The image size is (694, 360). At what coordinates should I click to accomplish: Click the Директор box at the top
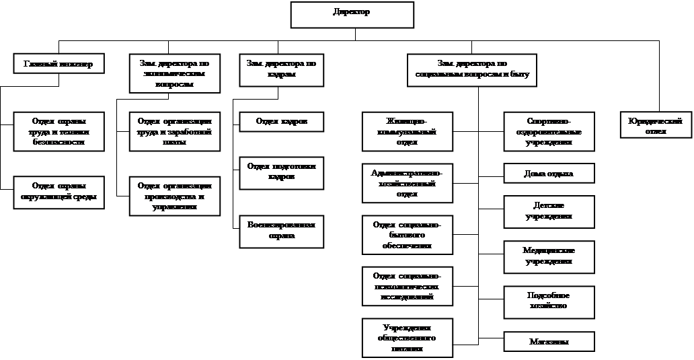[351, 15]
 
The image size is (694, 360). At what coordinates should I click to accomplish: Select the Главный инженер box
[59, 64]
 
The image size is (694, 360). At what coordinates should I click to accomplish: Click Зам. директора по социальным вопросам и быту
[471, 69]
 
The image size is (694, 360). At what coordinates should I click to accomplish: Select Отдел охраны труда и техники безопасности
[59, 132]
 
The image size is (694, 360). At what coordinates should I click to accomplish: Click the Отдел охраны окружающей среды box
[59, 192]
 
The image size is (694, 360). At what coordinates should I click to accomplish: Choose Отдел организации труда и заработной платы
[174, 132]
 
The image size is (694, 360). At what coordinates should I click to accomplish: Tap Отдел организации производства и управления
[174, 196]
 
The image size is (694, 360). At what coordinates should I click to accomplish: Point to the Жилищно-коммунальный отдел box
[407, 132]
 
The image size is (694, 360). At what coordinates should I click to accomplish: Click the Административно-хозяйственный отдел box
[407, 183]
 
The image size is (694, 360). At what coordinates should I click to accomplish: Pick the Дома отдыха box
[549, 174]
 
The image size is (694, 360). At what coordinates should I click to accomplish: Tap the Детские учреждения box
[549, 211]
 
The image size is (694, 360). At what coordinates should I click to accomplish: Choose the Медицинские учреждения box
[549, 256]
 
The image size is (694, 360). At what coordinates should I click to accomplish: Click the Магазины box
[549, 342]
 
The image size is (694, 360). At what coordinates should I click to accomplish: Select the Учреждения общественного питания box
[407, 338]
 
